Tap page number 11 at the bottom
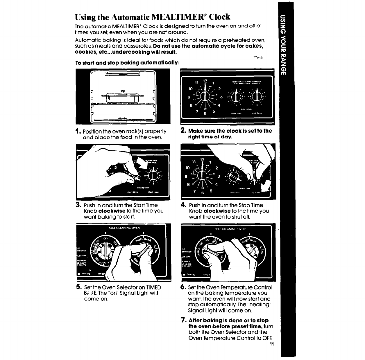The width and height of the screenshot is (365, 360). (x=272, y=345)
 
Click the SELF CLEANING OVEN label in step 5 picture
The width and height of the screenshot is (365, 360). (x=124, y=228)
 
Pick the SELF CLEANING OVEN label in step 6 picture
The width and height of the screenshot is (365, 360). (x=230, y=229)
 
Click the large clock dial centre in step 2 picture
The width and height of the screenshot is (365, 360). (x=205, y=96)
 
